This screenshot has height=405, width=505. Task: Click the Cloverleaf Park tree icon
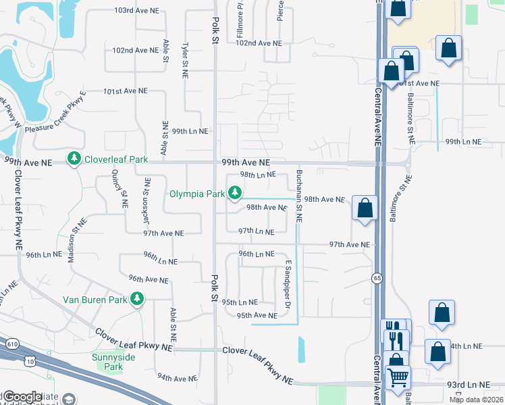pyautogui.click(x=73, y=159)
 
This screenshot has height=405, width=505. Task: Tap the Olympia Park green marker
pyautogui.click(x=235, y=194)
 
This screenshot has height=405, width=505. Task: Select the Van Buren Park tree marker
pyautogui.click(x=138, y=298)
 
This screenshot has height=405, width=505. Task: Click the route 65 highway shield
pyautogui.click(x=377, y=278)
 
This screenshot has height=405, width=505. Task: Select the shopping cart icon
pyautogui.click(x=398, y=376)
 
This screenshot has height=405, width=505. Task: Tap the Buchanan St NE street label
pyautogui.click(x=298, y=196)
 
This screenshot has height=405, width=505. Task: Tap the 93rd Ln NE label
pyautogui.click(x=470, y=384)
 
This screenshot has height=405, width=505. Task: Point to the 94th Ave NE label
pyautogui.click(x=178, y=377)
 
